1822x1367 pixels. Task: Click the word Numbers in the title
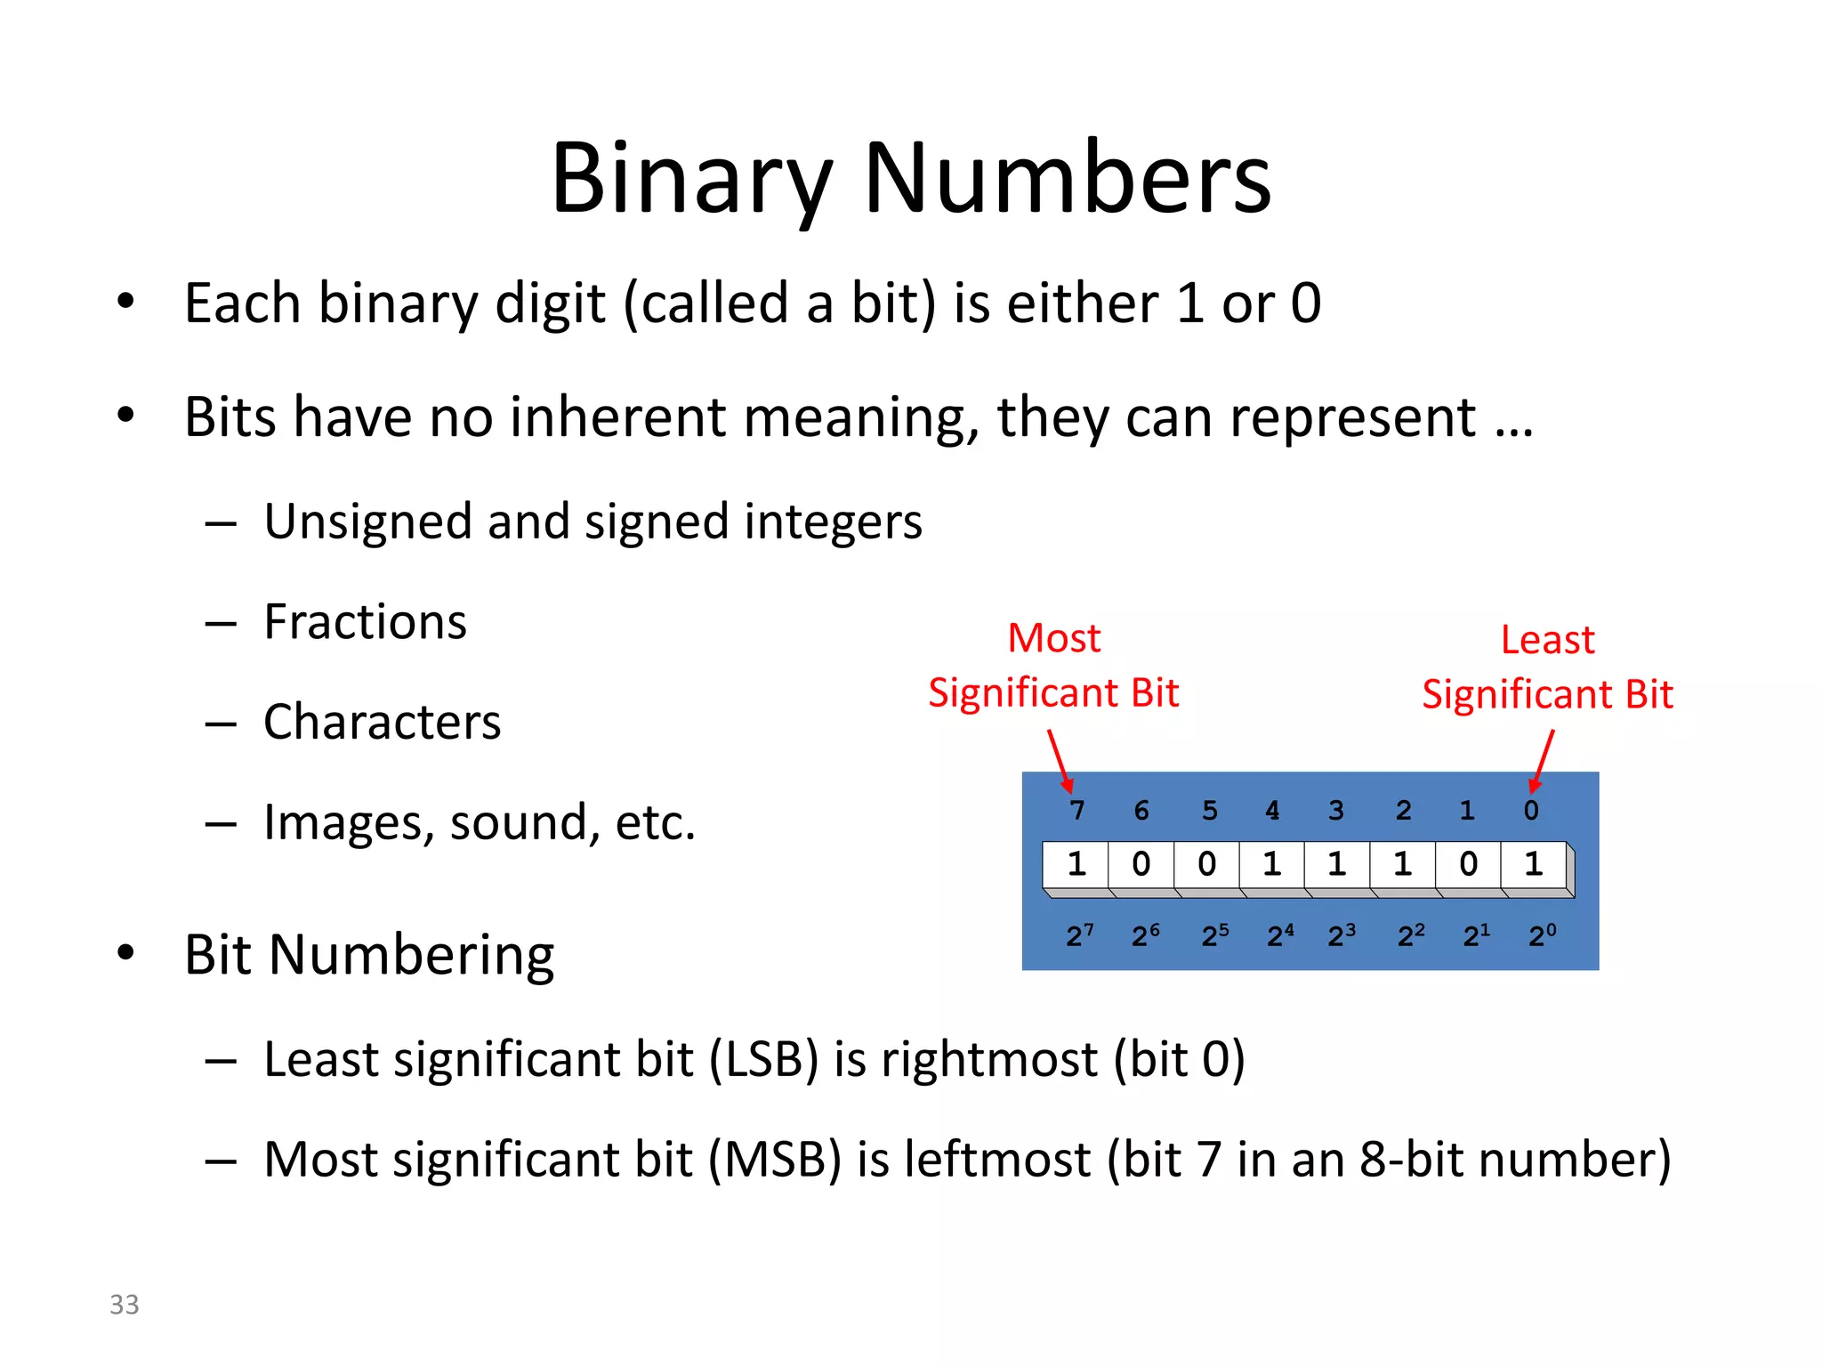point(1067,180)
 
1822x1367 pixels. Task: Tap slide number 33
point(125,1304)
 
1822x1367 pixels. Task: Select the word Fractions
point(365,621)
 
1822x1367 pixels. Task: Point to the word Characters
point(383,721)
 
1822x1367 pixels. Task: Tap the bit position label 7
point(1076,810)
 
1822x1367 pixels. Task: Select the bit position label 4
point(1272,810)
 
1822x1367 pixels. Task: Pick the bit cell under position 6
point(1141,864)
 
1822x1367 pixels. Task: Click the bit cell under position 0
point(1534,864)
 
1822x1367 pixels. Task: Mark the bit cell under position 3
point(1337,864)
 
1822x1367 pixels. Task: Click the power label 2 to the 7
point(1079,934)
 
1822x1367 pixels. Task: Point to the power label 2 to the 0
point(1542,934)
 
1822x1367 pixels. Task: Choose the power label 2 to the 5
point(1214,934)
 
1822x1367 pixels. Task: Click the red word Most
point(1054,638)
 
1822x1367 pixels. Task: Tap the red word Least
point(1547,640)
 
